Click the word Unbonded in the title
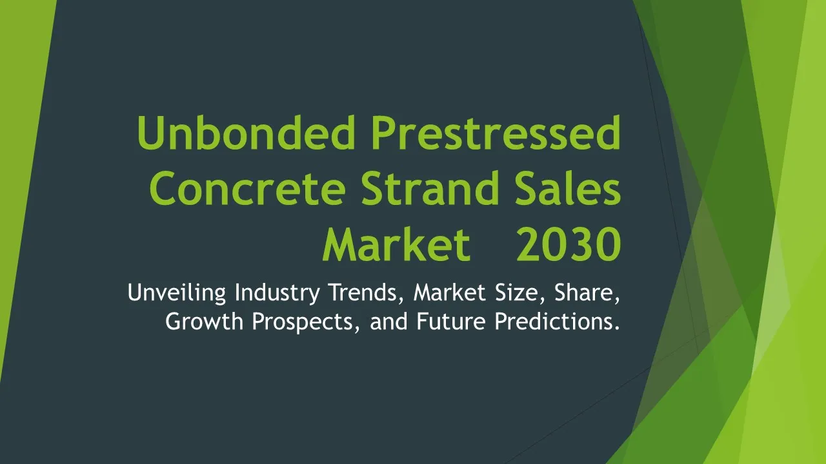point(246,133)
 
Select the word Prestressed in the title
point(496,133)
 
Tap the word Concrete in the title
point(247,188)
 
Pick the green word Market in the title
point(397,244)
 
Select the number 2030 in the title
point(569,244)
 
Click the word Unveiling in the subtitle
point(177,293)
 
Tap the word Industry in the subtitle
point(277,293)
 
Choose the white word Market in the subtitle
point(450,292)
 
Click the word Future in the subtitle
point(451,322)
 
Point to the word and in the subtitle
point(388,322)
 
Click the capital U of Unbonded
point(151,133)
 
